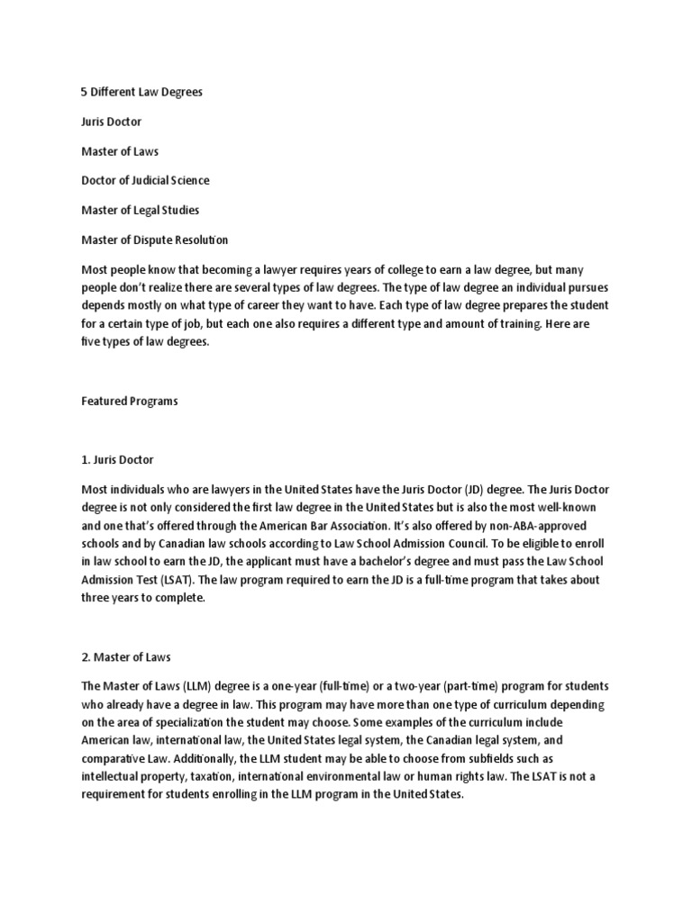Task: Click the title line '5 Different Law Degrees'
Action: tap(142, 92)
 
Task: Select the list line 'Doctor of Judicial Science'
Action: tap(145, 180)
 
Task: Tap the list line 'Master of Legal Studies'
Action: tap(140, 210)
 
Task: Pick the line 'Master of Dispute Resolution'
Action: tap(155, 240)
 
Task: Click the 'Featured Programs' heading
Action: tap(130, 402)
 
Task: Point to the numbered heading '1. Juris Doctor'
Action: tap(118, 460)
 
